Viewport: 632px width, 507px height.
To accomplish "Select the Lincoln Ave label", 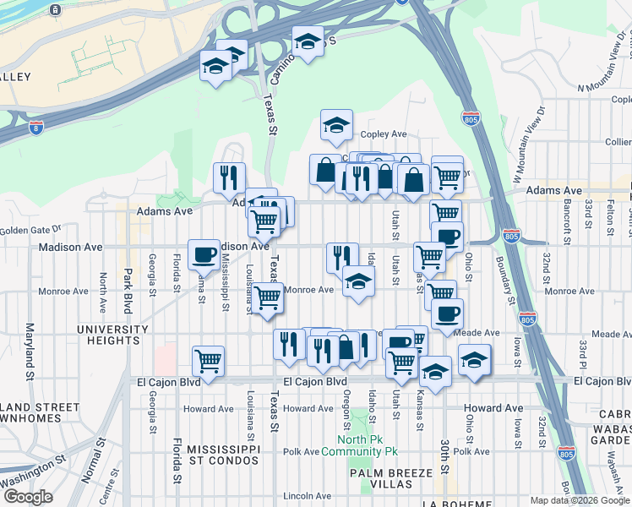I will click(x=308, y=495).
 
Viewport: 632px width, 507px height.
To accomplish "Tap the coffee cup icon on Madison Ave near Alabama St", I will click(x=204, y=254).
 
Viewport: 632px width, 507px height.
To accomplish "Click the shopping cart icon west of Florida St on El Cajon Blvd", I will click(x=208, y=362).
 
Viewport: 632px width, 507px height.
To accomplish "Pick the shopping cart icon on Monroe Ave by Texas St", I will click(x=268, y=297).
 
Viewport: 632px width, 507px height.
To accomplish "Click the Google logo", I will click(x=29, y=497).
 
